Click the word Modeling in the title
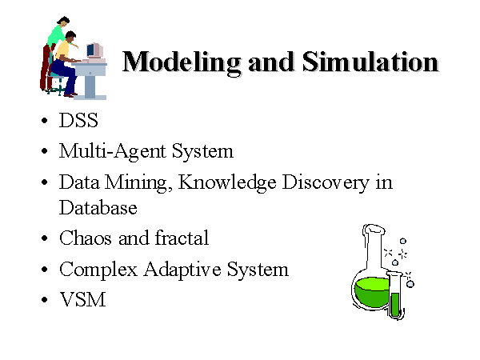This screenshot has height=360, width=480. click(182, 63)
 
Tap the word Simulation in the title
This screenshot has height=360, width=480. click(370, 62)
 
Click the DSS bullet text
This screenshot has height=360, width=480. click(78, 120)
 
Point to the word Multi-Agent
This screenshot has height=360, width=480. click(112, 151)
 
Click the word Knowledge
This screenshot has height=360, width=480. click(227, 183)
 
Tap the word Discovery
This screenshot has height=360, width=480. click(326, 183)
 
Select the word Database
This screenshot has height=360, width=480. click(98, 208)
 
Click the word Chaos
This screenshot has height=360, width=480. click(85, 238)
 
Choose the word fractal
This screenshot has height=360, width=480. click(182, 238)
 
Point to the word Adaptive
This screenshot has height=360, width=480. click(182, 270)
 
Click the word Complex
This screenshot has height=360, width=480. click(98, 270)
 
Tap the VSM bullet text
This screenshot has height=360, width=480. click(82, 299)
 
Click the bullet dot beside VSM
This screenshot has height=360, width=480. click(44, 299)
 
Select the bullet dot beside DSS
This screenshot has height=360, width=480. click(44, 120)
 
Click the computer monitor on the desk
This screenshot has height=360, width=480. click(95, 50)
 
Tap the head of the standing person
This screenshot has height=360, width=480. click(63, 22)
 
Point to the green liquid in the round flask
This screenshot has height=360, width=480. click(371, 292)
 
